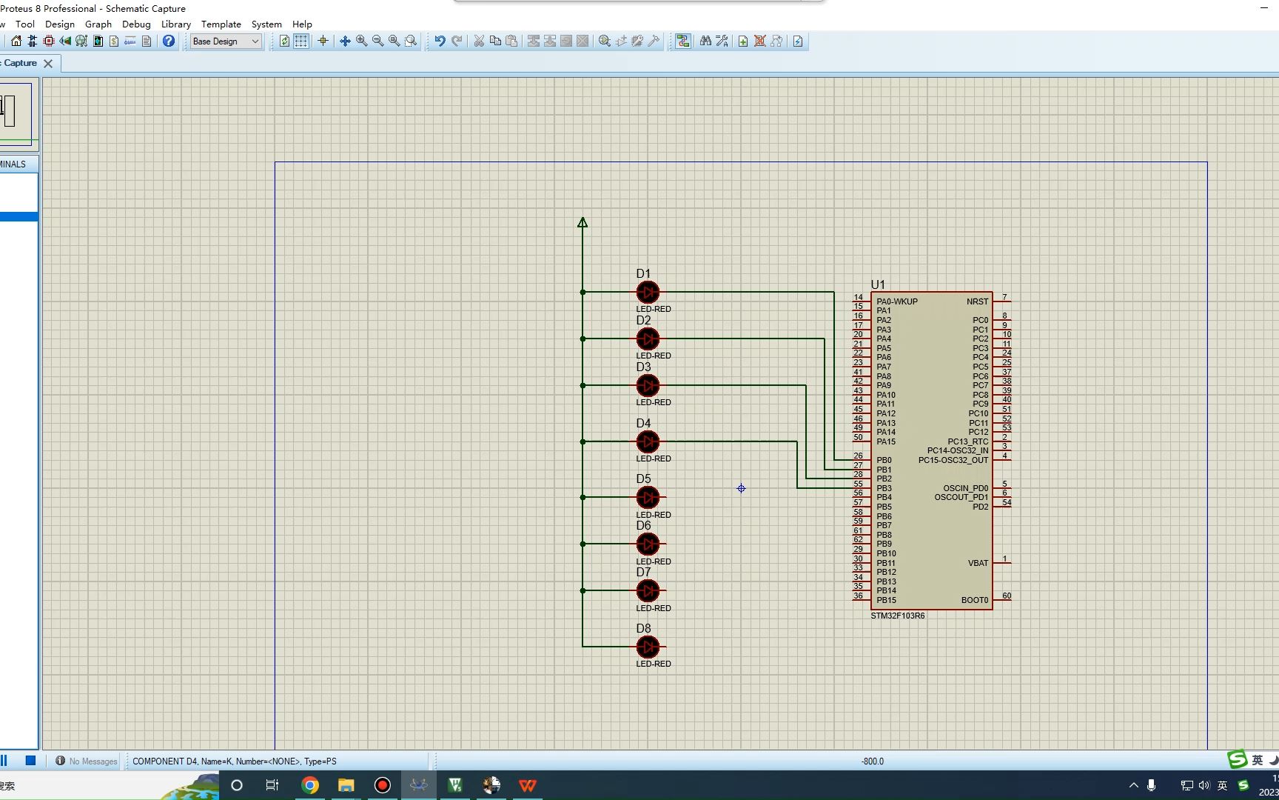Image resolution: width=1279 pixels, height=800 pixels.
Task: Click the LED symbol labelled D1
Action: (648, 293)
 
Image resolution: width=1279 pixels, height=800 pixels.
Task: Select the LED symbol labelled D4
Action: (648, 442)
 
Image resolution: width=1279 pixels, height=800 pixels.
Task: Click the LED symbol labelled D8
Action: (648, 647)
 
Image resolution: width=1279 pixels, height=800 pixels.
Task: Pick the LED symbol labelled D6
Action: (648, 544)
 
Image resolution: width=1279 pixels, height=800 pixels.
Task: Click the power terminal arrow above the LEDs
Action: (583, 222)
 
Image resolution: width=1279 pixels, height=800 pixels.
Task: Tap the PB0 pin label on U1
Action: (884, 460)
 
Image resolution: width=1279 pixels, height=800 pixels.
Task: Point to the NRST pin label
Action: (977, 301)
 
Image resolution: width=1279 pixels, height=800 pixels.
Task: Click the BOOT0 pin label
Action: (974, 600)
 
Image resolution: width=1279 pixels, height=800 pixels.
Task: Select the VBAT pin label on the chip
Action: (978, 563)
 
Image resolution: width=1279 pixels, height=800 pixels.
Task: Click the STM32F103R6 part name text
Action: (897, 616)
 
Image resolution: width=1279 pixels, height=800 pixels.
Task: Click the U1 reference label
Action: (878, 284)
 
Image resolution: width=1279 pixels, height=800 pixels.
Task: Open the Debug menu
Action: (136, 24)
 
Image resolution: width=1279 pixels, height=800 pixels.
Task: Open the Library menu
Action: (176, 24)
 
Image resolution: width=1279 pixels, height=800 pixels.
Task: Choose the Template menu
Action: (221, 24)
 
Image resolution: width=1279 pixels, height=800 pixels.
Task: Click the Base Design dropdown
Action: (226, 41)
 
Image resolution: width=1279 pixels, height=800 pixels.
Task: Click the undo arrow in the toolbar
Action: (440, 41)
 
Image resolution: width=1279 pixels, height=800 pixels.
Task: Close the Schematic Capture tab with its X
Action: (48, 64)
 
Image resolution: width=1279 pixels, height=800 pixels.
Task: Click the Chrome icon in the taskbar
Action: (310, 785)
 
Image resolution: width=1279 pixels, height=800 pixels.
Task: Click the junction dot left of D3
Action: (583, 386)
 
